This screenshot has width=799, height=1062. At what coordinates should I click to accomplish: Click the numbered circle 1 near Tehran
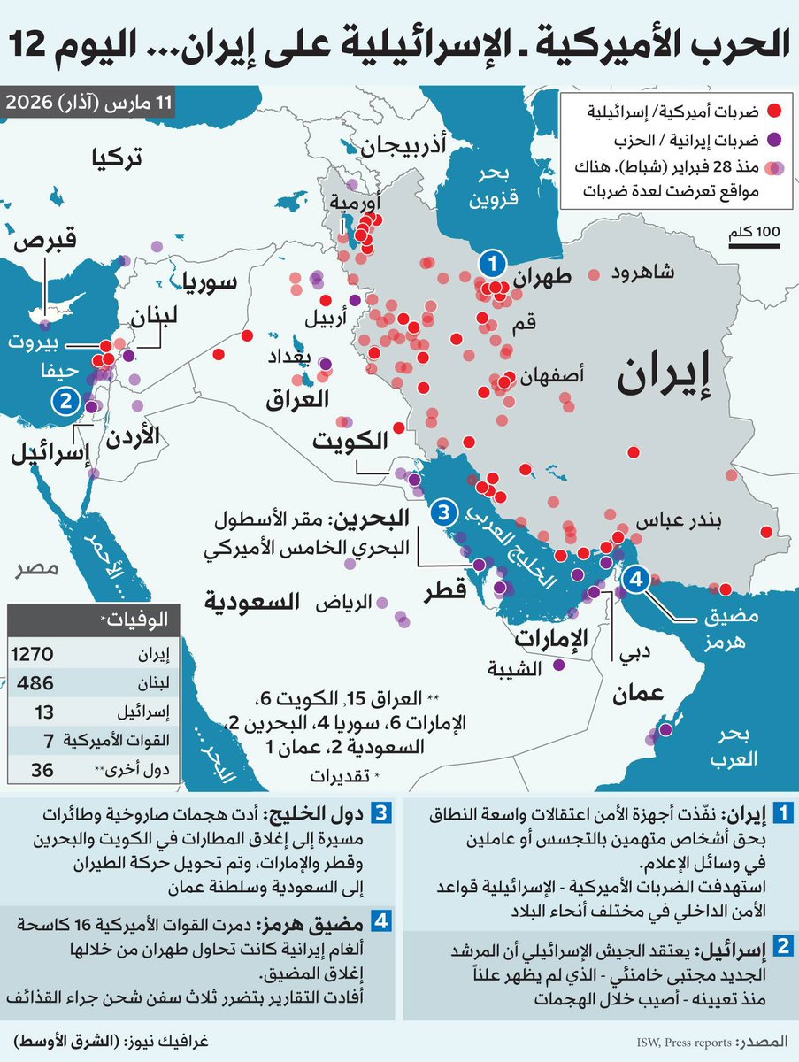coord(492,263)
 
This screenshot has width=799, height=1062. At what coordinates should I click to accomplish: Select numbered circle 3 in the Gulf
coord(444,513)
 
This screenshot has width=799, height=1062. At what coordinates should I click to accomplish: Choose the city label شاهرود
coord(642,273)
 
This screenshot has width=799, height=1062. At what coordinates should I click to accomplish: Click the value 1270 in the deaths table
coord(34,655)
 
